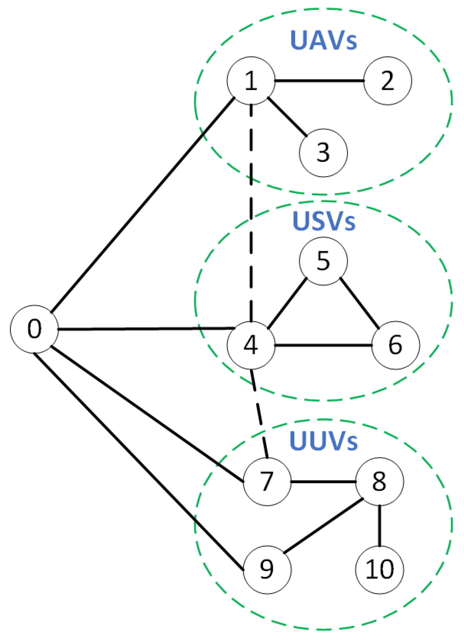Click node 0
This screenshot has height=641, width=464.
coord(34,329)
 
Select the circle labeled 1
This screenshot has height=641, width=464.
coord(251,81)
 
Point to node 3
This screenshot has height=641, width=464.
coord(323,153)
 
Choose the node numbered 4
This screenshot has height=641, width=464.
coord(251,345)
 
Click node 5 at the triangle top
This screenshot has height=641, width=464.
coord(323,261)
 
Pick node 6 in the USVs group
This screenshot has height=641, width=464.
coord(395,345)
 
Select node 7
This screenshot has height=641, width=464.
coord(267,481)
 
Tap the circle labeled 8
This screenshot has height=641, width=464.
coord(379,481)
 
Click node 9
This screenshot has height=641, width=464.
coord(267,569)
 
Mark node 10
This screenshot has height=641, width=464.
coord(379,569)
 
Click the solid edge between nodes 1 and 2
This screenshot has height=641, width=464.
coord(319,81)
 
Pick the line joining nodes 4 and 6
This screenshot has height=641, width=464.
coord(323,345)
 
